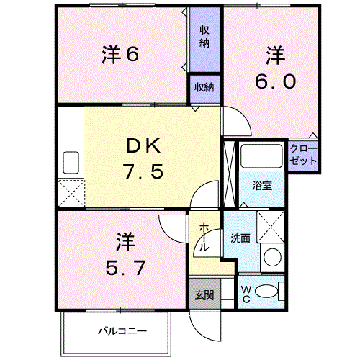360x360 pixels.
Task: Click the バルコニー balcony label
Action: tap(122, 332)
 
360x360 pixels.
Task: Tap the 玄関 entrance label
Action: tap(204, 295)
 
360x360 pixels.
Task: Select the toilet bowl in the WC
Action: tap(266, 292)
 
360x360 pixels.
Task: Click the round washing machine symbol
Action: tap(272, 257)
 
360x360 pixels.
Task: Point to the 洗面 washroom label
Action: tap(240, 238)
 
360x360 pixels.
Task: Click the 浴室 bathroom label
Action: tap(262, 186)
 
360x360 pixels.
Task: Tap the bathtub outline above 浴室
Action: tap(261, 156)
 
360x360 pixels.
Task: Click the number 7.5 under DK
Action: tap(143, 171)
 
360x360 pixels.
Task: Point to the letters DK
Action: tap(143, 146)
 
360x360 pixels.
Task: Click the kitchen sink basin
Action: tap(71, 163)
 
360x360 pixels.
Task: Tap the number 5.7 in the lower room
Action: tap(125, 267)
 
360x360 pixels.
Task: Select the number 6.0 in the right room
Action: tap(275, 81)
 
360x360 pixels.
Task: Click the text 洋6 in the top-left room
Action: tap(120, 54)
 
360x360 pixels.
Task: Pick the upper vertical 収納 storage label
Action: tap(204, 37)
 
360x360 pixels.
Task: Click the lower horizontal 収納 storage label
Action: tap(204, 87)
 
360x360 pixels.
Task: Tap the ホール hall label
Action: tap(204, 237)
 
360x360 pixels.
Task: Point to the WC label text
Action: tap(246, 294)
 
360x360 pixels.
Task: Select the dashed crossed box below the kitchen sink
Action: tap(71, 194)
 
